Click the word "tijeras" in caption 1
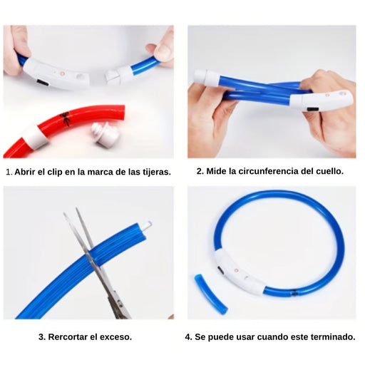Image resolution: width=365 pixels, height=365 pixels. pos(156,172)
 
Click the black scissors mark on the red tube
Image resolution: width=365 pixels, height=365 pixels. pos(65,118)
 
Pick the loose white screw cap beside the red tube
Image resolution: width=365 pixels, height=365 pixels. pos(105,134)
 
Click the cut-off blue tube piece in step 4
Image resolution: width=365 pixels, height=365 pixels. pos(211,294)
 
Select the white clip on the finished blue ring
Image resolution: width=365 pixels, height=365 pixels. pos(239,272)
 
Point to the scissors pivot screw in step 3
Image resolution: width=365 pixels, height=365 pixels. pos(120,304)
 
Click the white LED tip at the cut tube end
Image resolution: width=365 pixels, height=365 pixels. pos(148,225)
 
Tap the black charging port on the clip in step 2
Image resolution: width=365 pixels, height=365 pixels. pos(313,109)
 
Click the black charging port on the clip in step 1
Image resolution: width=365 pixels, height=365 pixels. pos(43,83)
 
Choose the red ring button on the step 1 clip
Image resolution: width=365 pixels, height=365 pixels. pos(63,73)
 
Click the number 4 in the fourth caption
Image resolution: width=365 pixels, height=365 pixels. pos(187,337)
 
